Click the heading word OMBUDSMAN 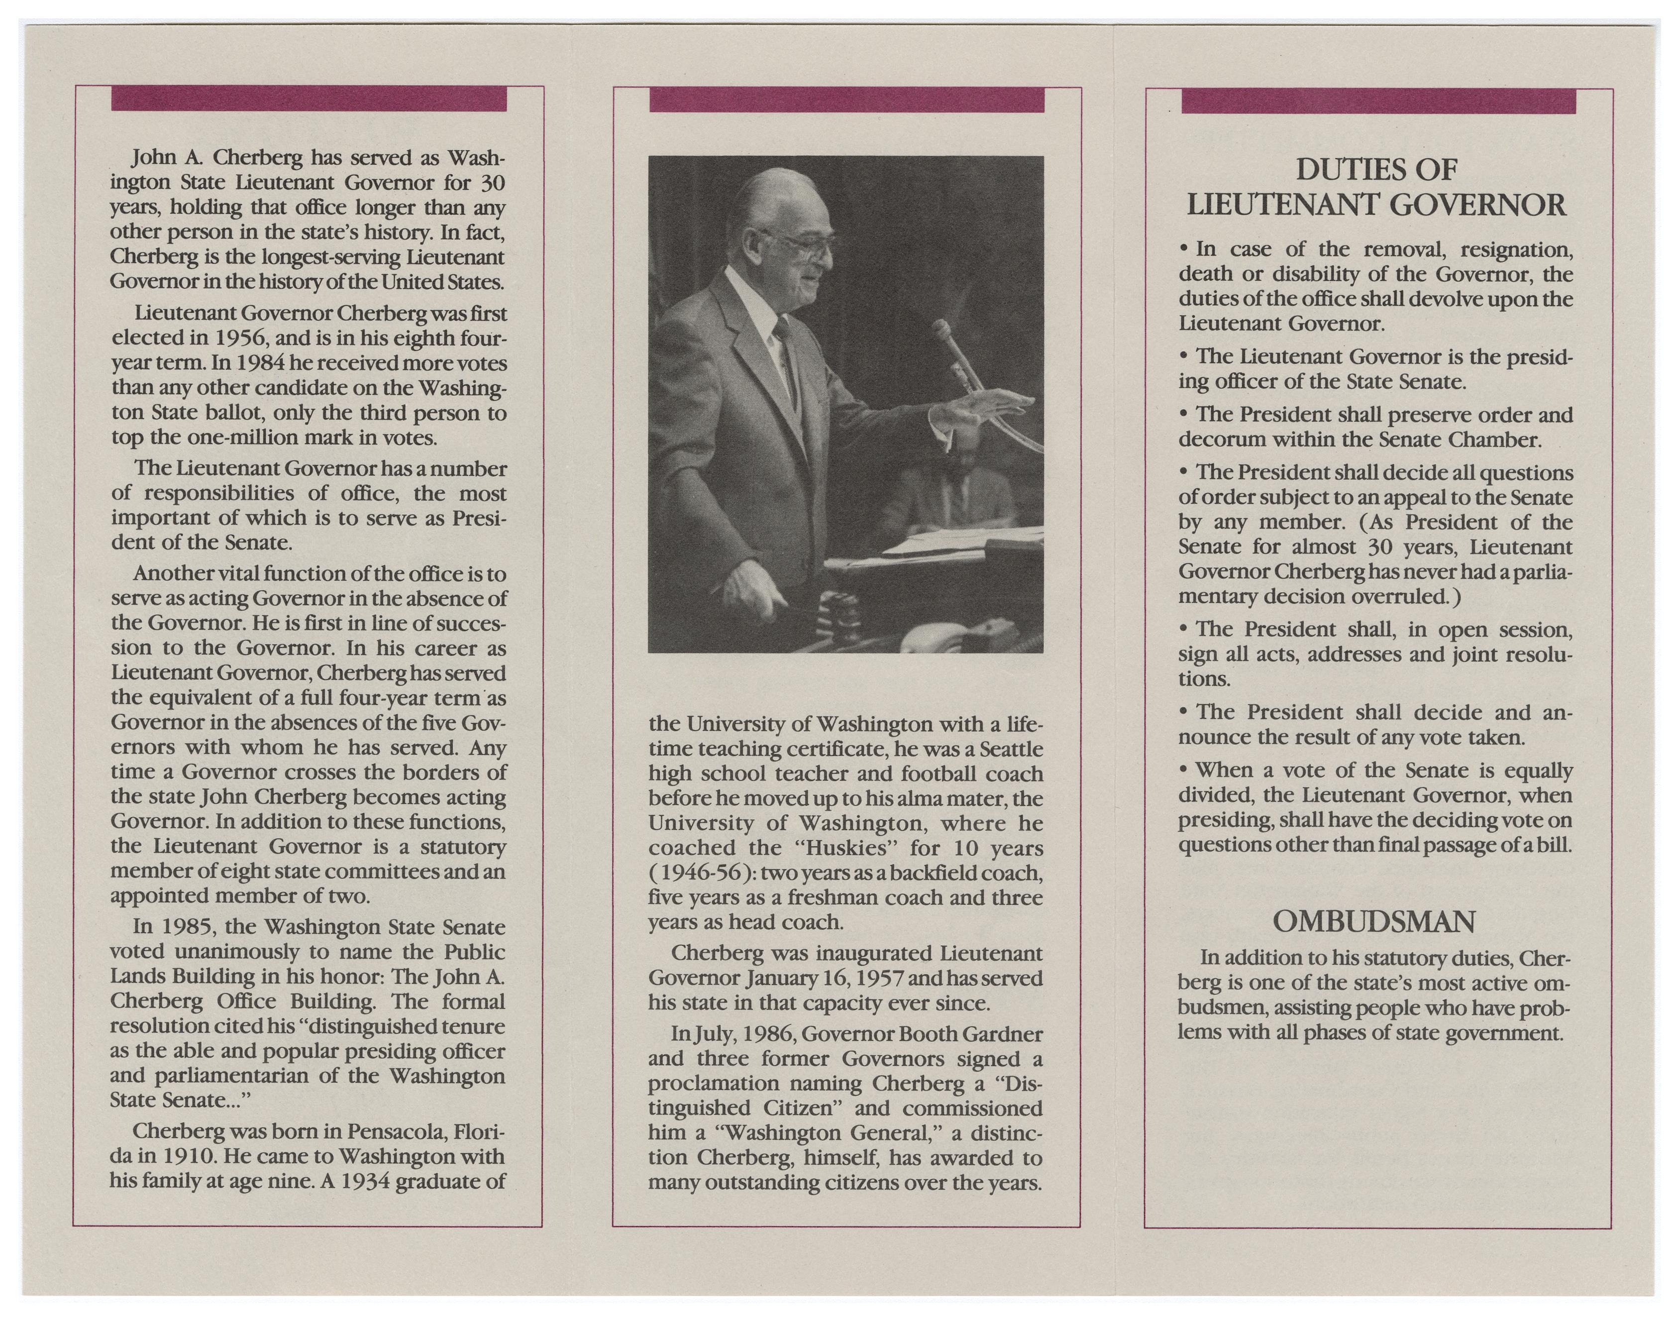coord(1373,922)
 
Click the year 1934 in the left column coord(364,1182)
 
